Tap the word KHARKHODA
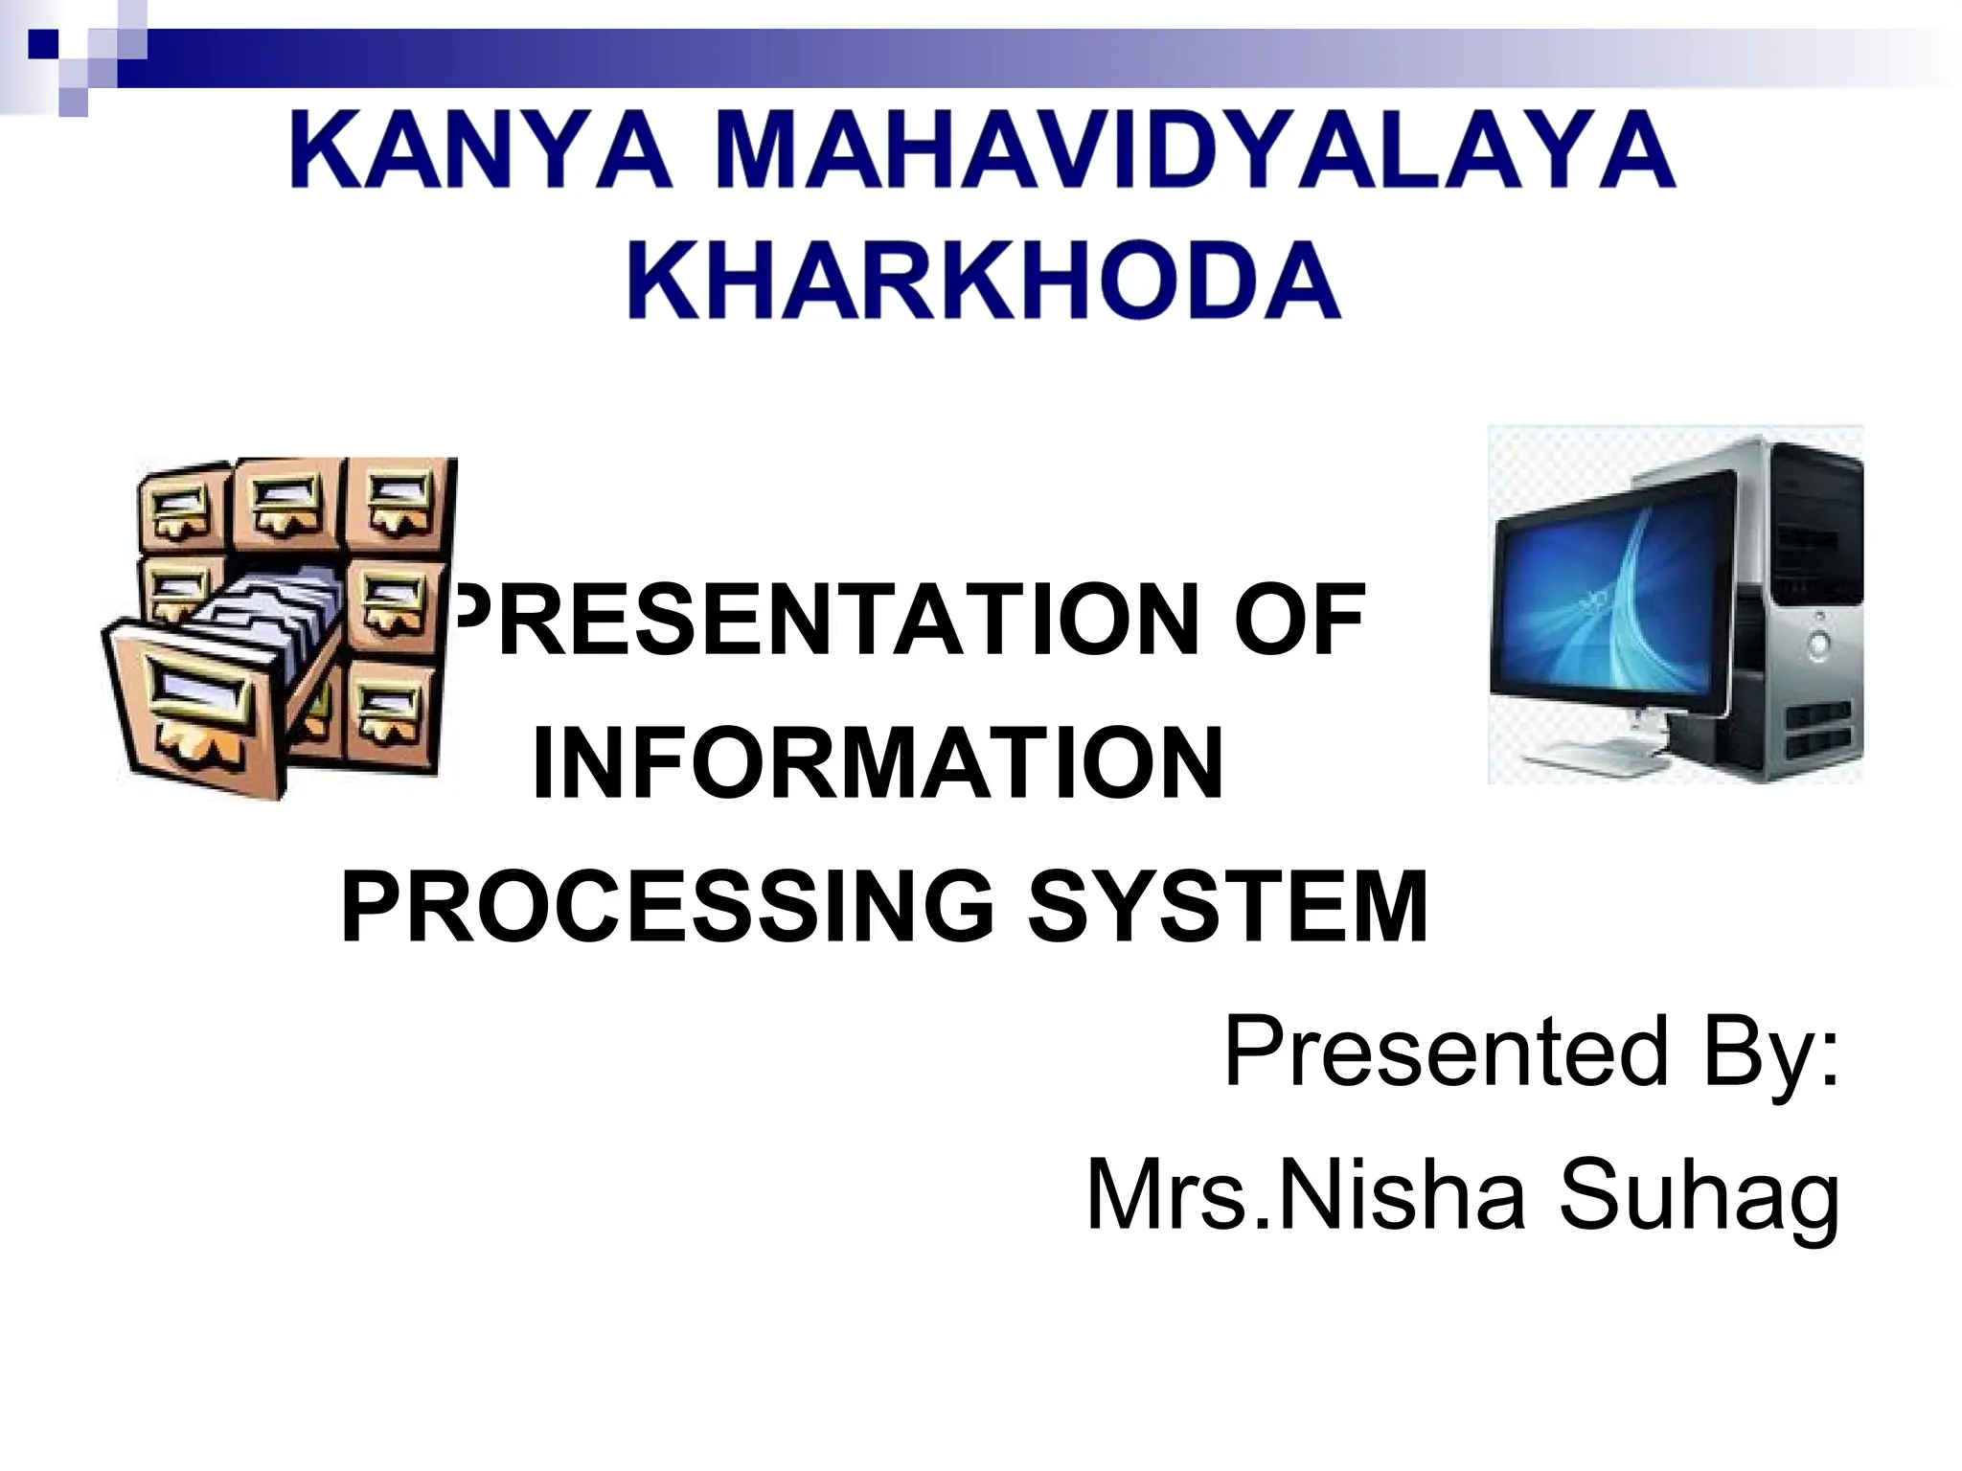coord(984,280)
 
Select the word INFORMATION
coord(878,763)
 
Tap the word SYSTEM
coord(1228,906)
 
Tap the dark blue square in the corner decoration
coord(43,44)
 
